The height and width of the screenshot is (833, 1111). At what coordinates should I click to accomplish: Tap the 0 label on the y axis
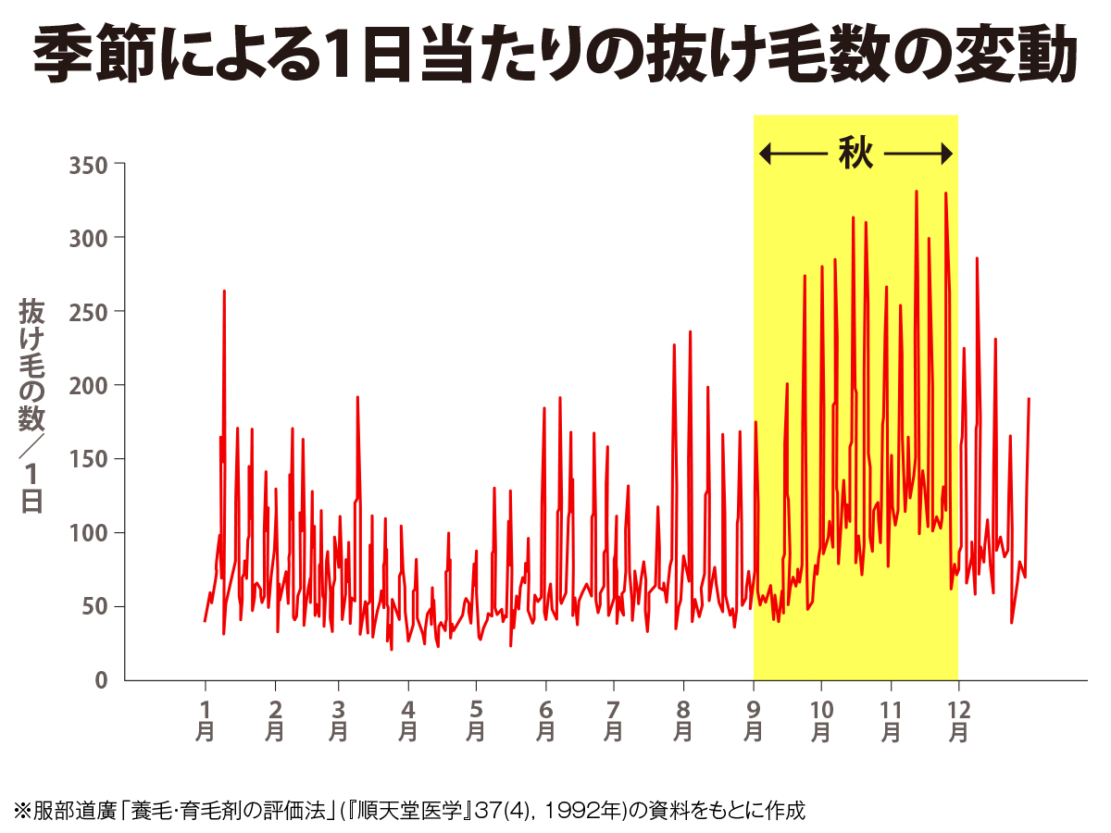pos(102,680)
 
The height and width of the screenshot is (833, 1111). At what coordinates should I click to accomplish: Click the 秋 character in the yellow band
pos(855,153)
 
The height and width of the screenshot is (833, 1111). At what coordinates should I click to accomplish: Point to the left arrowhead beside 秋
pos(765,154)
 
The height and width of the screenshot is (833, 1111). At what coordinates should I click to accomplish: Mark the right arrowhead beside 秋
pos(946,154)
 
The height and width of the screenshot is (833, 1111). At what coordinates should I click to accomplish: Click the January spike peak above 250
pos(224,292)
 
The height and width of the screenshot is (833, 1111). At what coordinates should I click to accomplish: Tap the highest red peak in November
pos(917,192)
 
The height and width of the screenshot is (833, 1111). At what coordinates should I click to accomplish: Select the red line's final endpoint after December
pos(1029,399)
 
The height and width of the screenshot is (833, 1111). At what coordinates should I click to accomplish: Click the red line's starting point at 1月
pos(205,621)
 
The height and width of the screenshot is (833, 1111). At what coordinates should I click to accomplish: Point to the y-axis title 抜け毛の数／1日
pos(31,407)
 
